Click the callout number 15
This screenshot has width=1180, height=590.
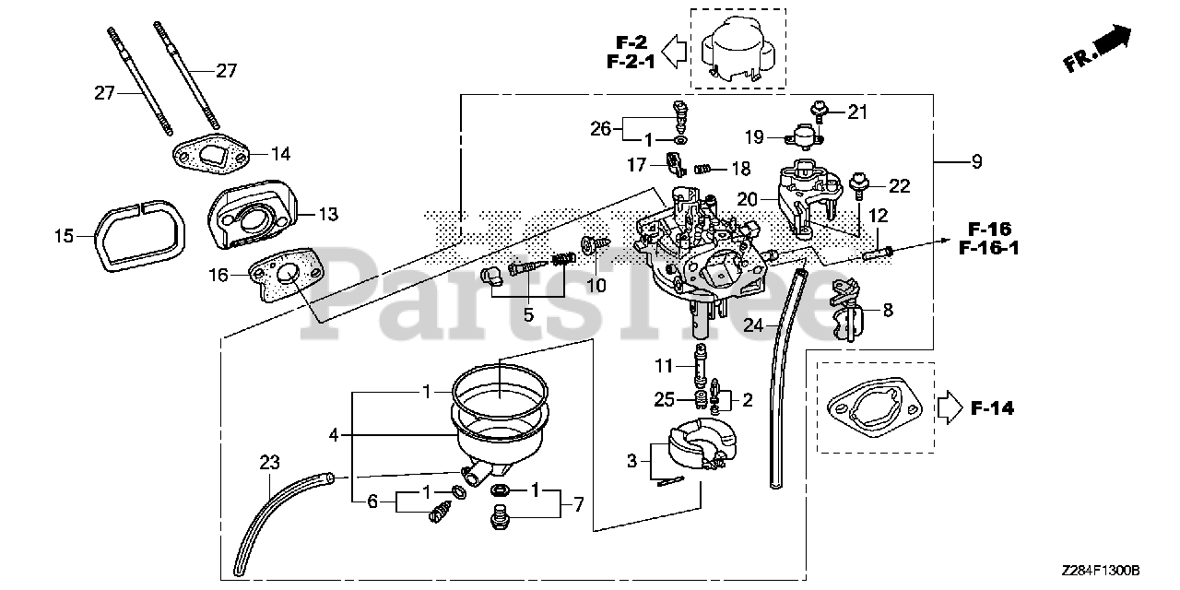click(63, 237)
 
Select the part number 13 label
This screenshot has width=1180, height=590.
click(328, 214)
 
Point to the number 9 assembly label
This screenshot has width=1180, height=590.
click(976, 162)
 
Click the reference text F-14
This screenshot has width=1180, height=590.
click(993, 407)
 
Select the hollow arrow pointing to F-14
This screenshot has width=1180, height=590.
click(949, 407)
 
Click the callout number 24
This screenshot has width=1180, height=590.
click(754, 324)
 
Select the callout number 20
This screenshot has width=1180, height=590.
click(747, 199)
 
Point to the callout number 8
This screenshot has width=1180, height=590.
click(888, 311)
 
